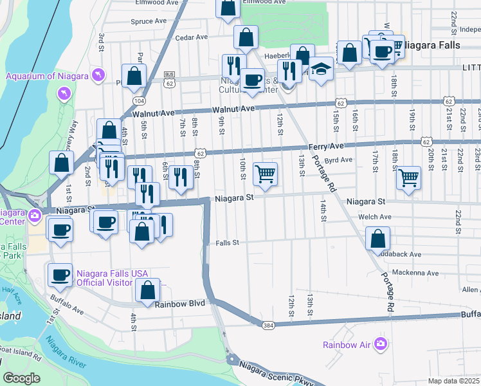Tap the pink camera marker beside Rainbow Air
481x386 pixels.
pos(381,344)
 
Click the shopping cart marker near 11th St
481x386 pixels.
pos(266,174)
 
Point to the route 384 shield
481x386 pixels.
pos(268,326)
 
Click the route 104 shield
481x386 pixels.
pos(140,101)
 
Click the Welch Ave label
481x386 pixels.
pos(377,217)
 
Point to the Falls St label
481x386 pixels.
pos(227,243)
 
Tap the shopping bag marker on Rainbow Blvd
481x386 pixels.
pos(148,290)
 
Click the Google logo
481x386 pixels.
pos(21,378)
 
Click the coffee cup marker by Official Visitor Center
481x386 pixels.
pos(61,275)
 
